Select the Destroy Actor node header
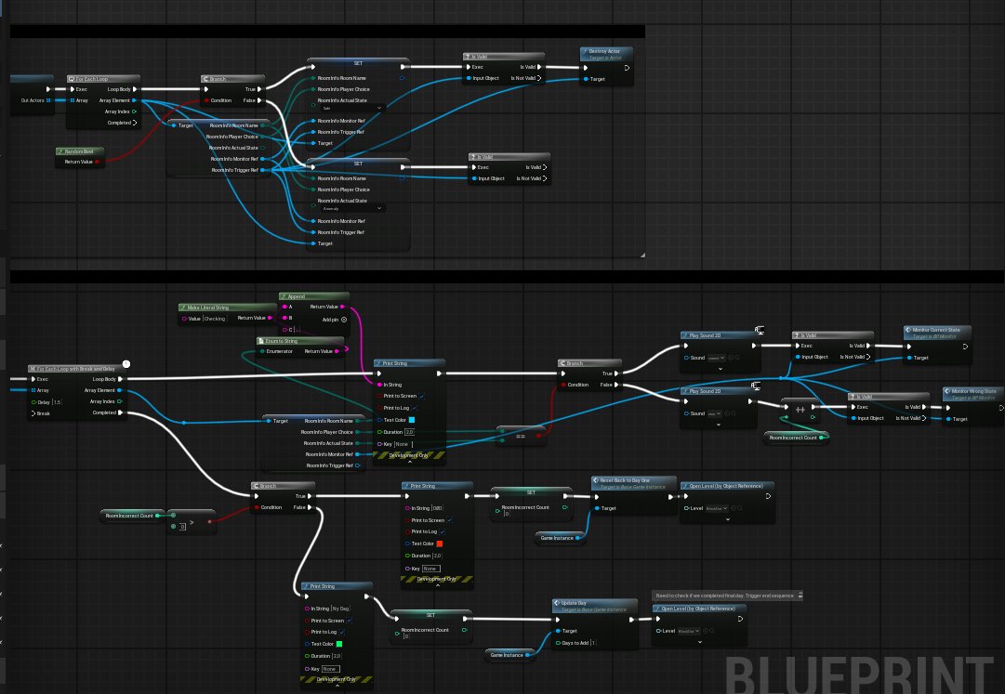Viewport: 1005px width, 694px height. (606, 51)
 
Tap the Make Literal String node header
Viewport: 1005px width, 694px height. (208, 307)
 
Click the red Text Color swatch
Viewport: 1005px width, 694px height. (440, 543)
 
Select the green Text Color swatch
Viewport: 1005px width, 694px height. (339, 642)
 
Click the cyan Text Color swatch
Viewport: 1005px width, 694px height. (412, 420)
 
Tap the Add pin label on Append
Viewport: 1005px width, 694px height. (330, 319)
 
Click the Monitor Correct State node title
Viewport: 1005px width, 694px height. (942, 329)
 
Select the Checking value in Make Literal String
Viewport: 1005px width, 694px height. (216, 319)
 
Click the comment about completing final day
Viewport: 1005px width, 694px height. (728, 595)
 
